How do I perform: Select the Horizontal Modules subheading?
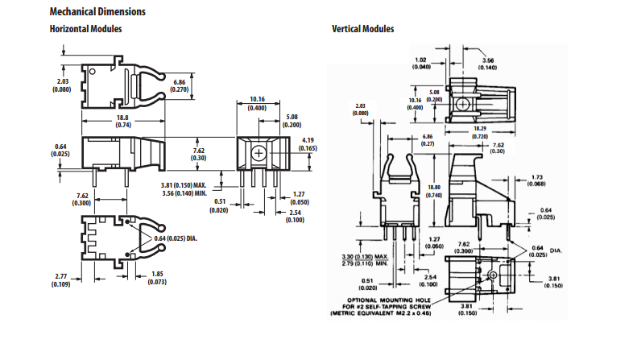tap(85, 29)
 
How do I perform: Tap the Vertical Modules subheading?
tap(362, 29)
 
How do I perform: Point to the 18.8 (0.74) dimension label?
tap(123, 121)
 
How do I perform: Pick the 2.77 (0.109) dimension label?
tap(62, 279)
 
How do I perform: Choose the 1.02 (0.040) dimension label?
tap(420, 63)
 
